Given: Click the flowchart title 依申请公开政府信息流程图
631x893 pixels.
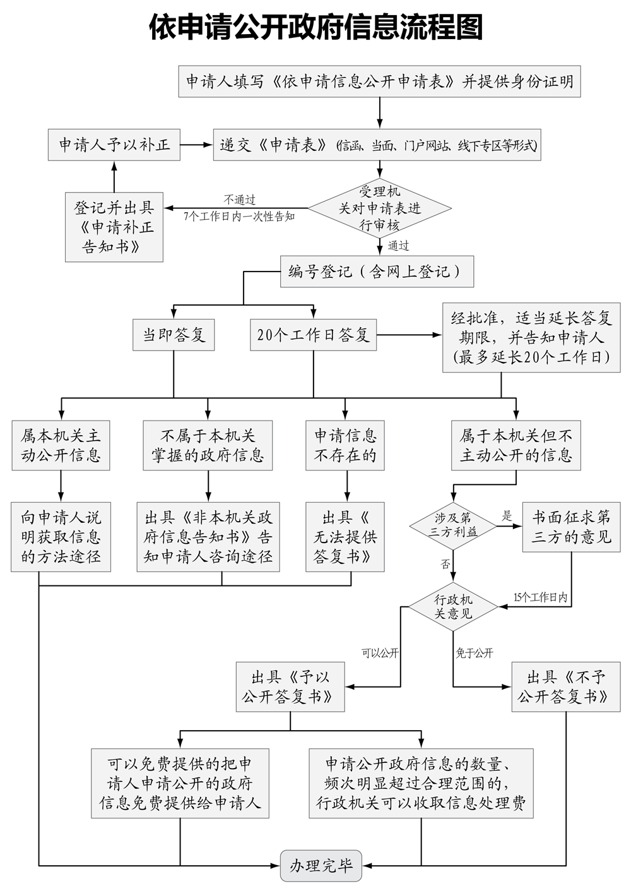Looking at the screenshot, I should pyautogui.click(x=315, y=28).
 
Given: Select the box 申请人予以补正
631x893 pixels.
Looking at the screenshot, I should pyautogui.click(x=114, y=145).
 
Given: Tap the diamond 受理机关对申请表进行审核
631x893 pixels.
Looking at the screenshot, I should pyautogui.click(x=379, y=208).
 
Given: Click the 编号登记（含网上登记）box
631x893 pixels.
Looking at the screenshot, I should pyautogui.click(x=377, y=272).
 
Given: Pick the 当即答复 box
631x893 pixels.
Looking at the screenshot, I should pyautogui.click(x=174, y=335).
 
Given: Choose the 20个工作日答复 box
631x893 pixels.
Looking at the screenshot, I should pyautogui.click(x=313, y=335).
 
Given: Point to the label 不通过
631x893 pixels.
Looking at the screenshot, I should pyautogui.click(x=240, y=200).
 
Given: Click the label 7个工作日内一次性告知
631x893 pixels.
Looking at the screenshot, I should pyautogui.click(x=240, y=216).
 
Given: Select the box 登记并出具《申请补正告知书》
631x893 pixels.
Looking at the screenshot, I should pyautogui.click(x=114, y=227).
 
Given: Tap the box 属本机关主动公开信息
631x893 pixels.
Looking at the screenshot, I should pyautogui.click(x=61, y=445).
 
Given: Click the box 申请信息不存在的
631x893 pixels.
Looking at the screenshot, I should pyautogui.click(x=345, y=445).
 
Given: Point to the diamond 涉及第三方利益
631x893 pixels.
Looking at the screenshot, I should pyautogui.click(x=452, y=525).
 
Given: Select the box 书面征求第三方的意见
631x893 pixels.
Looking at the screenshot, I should pyautogui.click(x=571, y=527).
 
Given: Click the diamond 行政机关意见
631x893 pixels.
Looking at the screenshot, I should pyautogui.click(x=453, y=606).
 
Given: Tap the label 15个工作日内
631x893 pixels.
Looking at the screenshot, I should pyautogui.click(x=540, y=597).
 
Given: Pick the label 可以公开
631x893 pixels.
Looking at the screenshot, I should pyautogui.click(x=380, y=654).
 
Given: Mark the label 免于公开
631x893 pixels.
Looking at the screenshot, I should pyautogui.click(x=475, y=654).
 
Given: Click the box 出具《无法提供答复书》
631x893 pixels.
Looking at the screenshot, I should pyautogui.click(x=345, y=537).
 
